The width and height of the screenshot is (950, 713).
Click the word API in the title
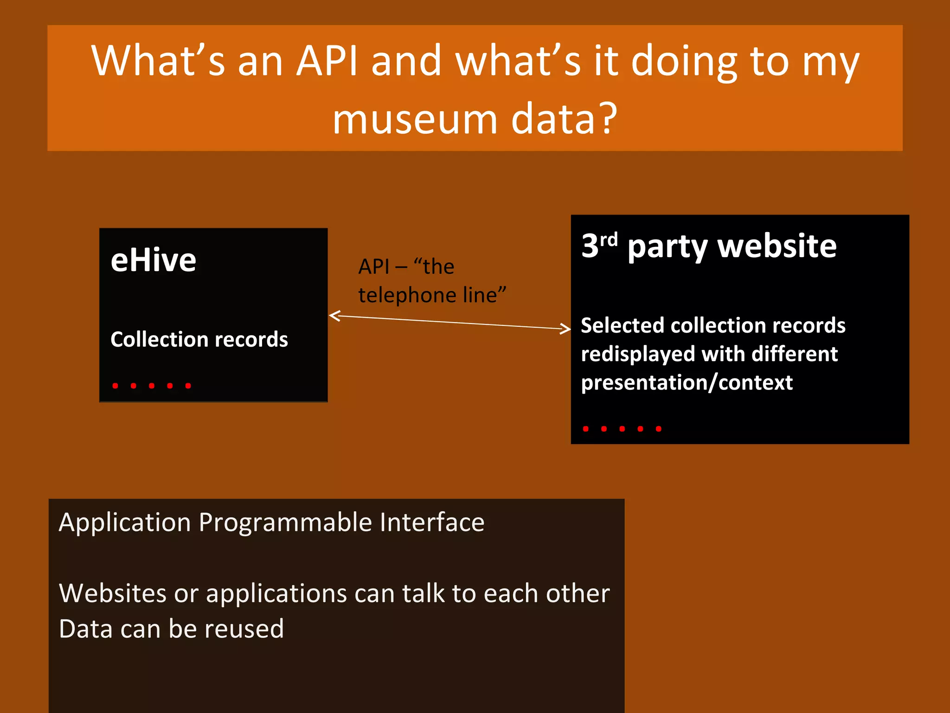click(327, 61)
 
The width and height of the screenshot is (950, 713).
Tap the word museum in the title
click(415, 120)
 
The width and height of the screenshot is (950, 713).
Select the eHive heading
click(153, 260)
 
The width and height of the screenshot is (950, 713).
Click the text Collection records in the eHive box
click(199, 339)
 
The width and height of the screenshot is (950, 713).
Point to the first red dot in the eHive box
click(116, 386)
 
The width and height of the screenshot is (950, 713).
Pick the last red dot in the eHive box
click(188, 386)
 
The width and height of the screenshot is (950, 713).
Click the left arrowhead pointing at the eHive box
click(334, 316)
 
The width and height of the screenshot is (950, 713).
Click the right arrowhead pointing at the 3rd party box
click(566, 329)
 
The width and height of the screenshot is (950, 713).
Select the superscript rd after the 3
click(609, 240)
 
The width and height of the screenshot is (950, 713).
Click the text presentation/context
click(687, 383)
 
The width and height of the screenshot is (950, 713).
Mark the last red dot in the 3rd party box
click(658, 429)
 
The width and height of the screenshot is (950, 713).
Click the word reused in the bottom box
click(244, 629)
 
